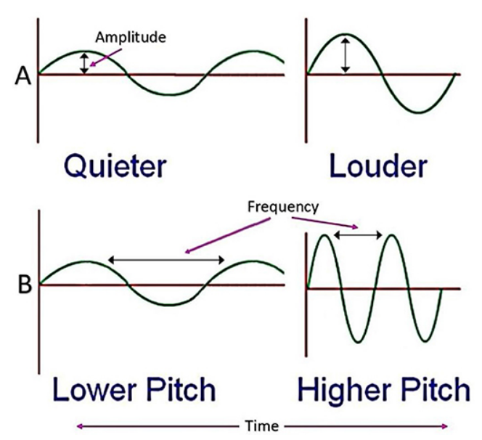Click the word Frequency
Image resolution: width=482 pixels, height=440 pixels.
pyautogui.click(x=283, y=208)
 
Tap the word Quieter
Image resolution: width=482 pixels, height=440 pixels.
pyautogui.click(x=115, y=167)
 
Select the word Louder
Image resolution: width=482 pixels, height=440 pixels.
pyautogui.click(x=378, y=166)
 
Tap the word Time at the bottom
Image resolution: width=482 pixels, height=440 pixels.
pyautogui.click(x=262, y=426)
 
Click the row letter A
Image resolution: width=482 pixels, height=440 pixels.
pyautogui.click(x=23, y=76)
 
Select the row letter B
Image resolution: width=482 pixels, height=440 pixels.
pyautogui.click(x=25, y=285)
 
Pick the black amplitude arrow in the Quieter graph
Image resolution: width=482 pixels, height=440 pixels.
pyautogui.click(x=84, y=63)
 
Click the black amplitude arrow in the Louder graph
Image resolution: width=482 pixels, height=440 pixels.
pyautogui.click(x=346, y=55)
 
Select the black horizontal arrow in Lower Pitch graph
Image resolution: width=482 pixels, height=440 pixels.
pyautogui.click(x=166, y=260)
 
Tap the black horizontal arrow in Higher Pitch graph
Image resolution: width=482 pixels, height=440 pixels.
pyautogui.click(x=358, y=235)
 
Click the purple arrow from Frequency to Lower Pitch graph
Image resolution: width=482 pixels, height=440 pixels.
pyautogui.click(x=227, y=235)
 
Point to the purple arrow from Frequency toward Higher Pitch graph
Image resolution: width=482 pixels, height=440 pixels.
pyautogui.click(x=325, y=223)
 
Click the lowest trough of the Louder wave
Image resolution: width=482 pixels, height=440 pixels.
pyautogui.click(x=419, y=113)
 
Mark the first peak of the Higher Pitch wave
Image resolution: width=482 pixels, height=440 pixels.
pyautogui.click(x=324, y=235)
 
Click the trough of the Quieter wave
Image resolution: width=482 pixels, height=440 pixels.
pyautogui.click(x=168, y=94)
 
